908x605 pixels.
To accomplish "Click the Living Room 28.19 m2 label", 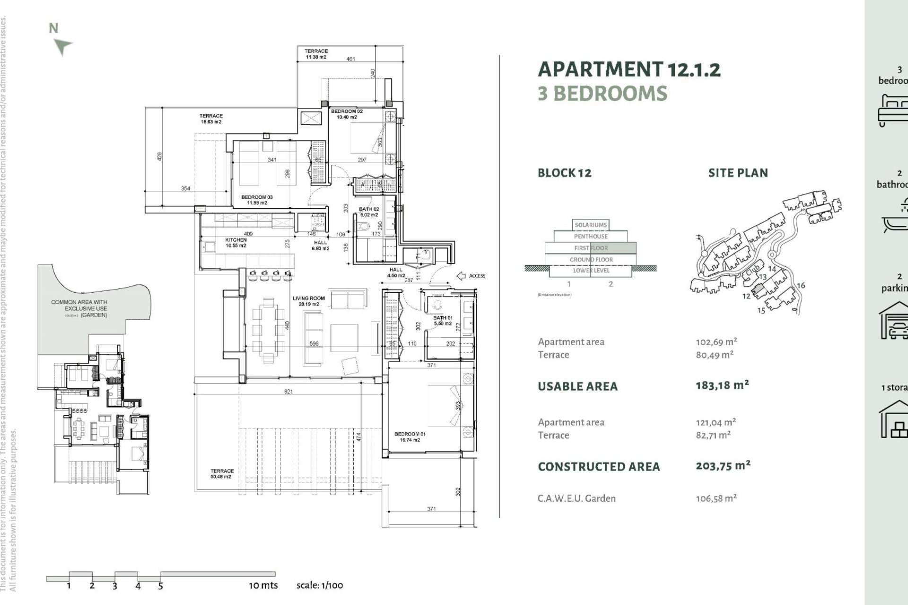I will tap(308, 301).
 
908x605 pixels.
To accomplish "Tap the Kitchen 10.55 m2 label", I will tap(236, 242).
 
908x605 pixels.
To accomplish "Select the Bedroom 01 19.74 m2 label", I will tap(410, 437).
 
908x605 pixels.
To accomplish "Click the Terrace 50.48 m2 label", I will tap(221, 474).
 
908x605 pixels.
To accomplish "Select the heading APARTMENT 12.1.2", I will tap(629, 69).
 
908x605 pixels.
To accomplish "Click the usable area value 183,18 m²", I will tap(722, 385).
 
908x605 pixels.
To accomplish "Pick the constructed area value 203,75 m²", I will tap(723, 466).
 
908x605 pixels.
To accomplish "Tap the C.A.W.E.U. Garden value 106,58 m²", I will tap(716, 498).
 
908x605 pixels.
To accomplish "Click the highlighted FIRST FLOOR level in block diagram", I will tap(591, 248).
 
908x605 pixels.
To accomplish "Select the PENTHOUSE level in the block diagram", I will tap(591, 236).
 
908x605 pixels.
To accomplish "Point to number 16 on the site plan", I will tap(801, 285).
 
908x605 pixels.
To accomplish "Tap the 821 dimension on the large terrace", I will tap(288, 391).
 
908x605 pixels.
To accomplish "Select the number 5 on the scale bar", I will tap(160, 586).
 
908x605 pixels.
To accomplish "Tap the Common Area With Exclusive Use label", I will tap(79, 308).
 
